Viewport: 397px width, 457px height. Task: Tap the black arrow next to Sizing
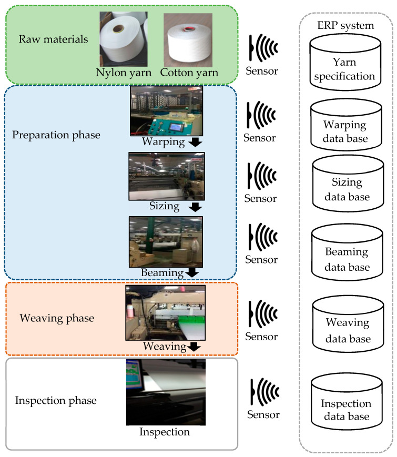click(195, 206)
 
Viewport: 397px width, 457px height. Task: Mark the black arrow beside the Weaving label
click(194, 346)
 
